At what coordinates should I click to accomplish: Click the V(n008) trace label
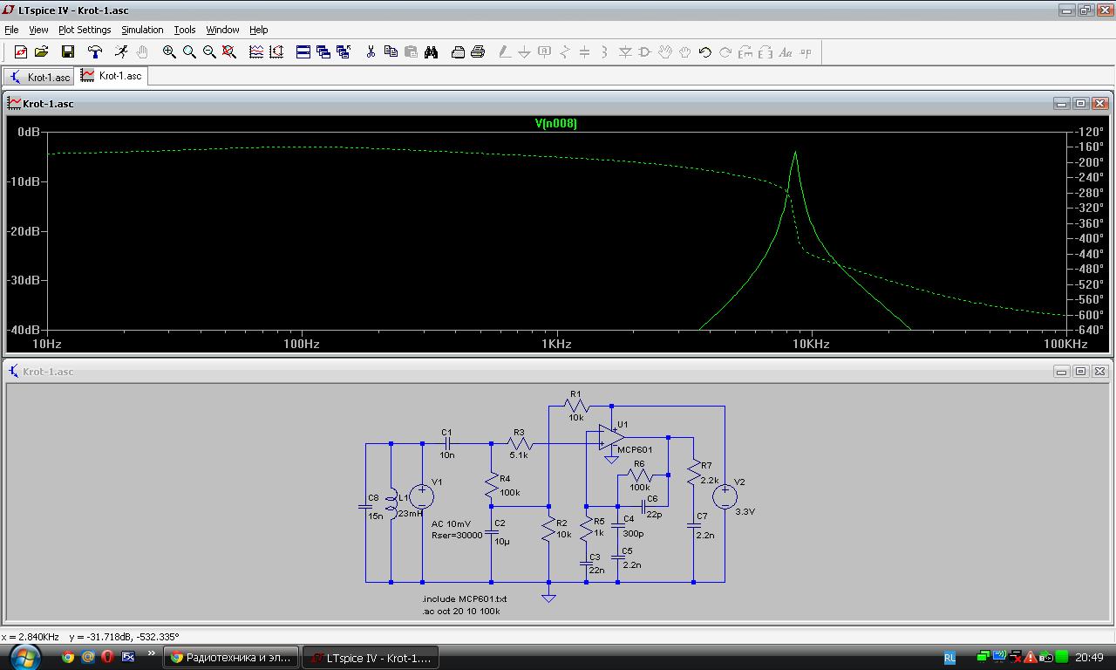point(555,123)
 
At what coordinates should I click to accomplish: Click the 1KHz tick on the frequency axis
point(556,344)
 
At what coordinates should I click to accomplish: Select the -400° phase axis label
point(1090,238)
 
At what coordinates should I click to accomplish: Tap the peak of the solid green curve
point(795,152)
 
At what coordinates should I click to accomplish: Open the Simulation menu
point(142,30)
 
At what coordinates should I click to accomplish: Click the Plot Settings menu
point(85,30)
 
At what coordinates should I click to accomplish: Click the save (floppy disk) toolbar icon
point(68,51)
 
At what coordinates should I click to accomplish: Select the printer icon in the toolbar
point(478,51)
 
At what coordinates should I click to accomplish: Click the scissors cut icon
point(371,51)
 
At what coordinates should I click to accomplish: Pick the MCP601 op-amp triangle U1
point(611,437)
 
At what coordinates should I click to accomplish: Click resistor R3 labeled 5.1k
point(520,443)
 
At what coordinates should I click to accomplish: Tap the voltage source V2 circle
point(725,496)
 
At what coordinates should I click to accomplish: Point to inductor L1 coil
point(391,503)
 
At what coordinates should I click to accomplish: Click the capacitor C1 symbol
point(447,443)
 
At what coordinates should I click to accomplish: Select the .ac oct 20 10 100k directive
point(461,612)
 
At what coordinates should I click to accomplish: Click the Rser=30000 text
point(457,536)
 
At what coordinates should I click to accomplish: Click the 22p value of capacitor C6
point(654,515)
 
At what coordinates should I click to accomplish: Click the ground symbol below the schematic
point(548,598)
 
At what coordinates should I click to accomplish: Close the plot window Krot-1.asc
point(1099,103)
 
